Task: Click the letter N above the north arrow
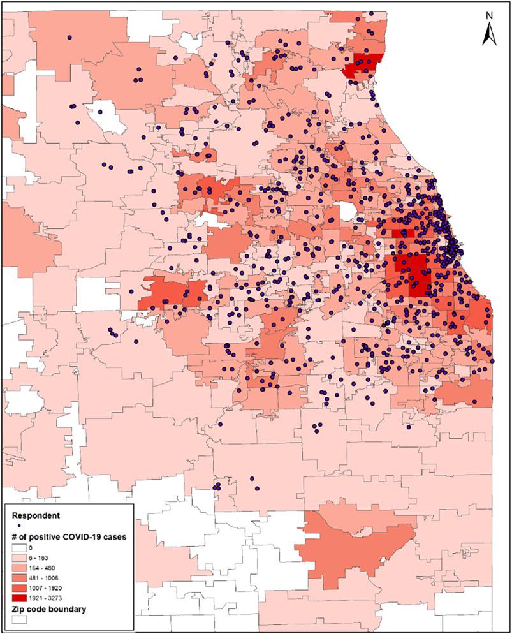(488, 16)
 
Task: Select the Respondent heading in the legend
(36, 514)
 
